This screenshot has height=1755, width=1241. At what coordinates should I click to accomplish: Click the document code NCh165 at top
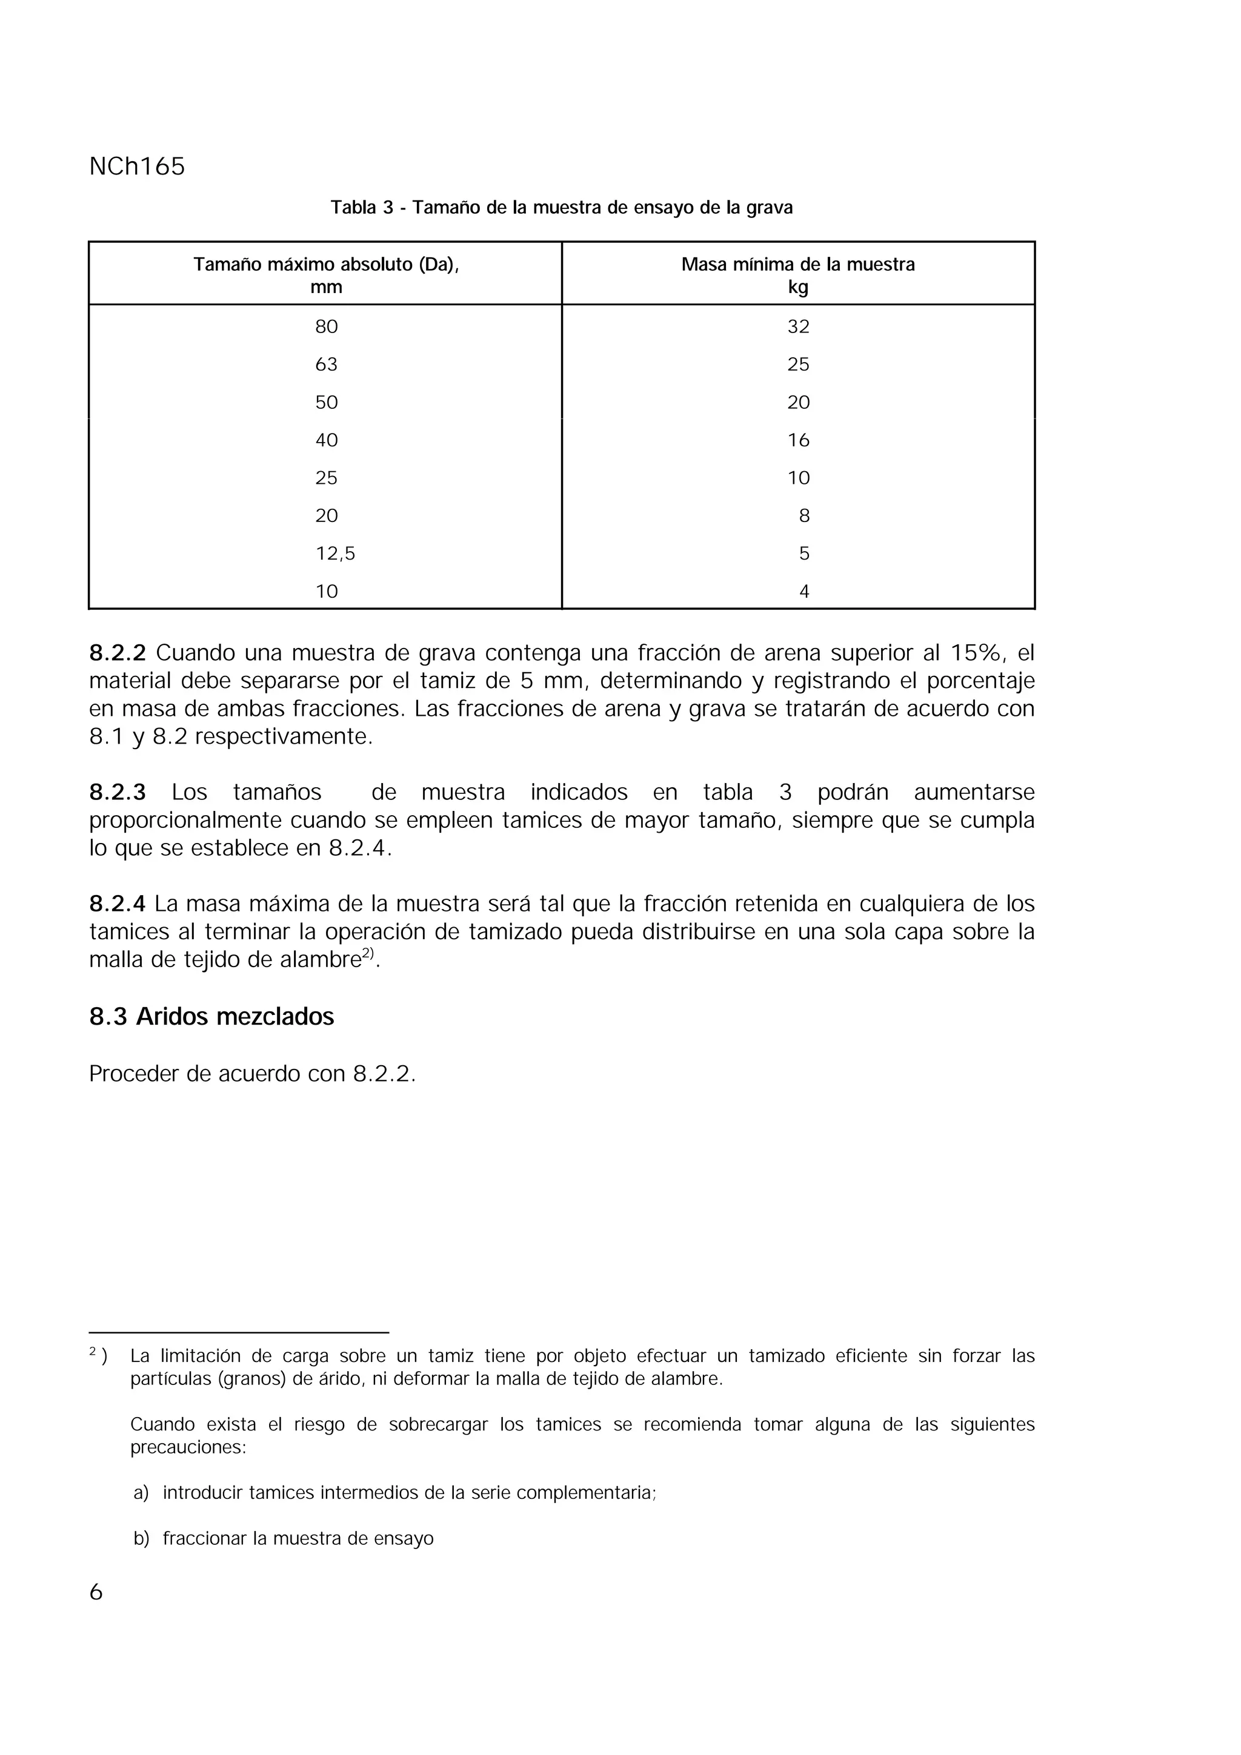pos(137,167)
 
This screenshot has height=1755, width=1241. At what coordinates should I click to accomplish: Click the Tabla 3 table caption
pos(561,207)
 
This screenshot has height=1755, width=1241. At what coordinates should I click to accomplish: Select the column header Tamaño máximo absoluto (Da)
pos(326,265)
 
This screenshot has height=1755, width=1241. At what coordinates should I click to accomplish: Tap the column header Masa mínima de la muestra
pos(797,265)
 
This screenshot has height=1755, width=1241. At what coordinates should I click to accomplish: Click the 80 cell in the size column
pos(327,327)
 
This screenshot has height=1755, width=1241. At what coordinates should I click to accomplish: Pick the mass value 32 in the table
pos(798,327)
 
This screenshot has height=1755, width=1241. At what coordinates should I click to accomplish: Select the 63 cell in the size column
pos(327,365)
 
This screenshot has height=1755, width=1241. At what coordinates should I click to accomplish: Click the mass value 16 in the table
pos(798,440)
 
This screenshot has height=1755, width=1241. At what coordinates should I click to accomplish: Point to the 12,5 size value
pos(336,554)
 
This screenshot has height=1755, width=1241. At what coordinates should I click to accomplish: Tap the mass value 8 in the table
pos(803,516)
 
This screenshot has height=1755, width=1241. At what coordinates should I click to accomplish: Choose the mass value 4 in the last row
pos(803,592)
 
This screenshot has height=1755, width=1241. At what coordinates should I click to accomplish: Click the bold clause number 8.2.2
pos(117,653)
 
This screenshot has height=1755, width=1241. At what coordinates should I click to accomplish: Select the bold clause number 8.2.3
pos(117,793)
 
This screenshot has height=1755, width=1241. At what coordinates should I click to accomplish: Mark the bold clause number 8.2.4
pos(117,904)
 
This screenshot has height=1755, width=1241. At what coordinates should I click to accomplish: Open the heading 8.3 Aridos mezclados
pos(212,1017)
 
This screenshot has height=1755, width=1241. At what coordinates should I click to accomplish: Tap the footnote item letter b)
pos(141,1539)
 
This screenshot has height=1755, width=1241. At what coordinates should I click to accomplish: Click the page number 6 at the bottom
pos(96,1592)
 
